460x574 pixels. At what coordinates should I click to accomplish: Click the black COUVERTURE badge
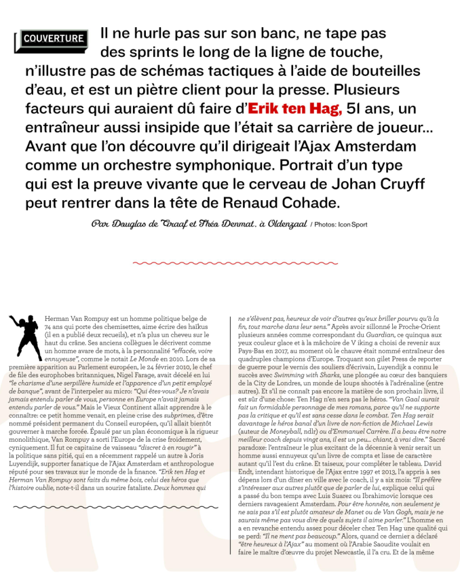tap(52, 38)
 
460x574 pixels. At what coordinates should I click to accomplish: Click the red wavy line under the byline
tap(229, 262)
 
